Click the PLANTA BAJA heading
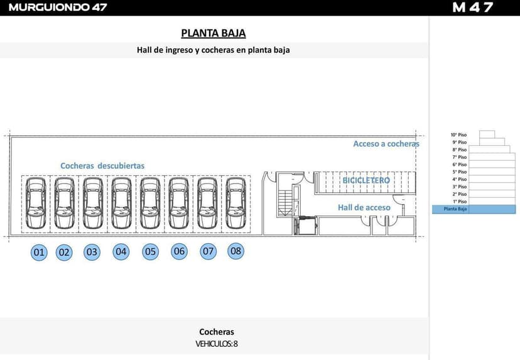click(213, 33)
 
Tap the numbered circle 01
click(40, 253)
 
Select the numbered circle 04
click(121, 252)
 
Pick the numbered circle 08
click(236, 251)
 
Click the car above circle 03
click(93, 204)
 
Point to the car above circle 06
click(179, 204)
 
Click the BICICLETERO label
click(366, 180)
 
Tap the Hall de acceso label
click(364, 207)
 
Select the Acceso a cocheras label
click(386, 144)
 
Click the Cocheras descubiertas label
click(102, 166)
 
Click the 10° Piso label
click(458, 134)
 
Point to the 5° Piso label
click(459, 172)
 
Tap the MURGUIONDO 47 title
click(58, 8)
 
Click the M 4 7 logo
click(473, 8)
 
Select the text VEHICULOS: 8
click(217, 344)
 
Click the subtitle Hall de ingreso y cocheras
click(213, 50)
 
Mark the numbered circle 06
click(180, 252)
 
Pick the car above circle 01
click(36, 204)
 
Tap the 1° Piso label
click(459, 202)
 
